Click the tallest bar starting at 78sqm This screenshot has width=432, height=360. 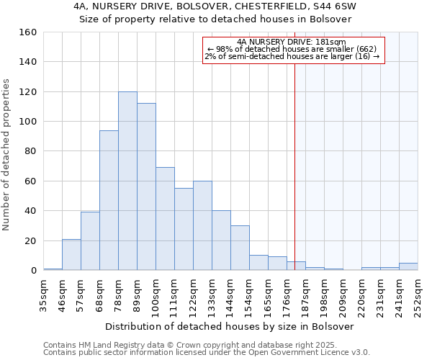click(x=127, y=181)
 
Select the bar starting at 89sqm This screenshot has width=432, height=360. click(x=146, y=186)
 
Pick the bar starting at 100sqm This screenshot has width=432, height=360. click(x=165, y=219)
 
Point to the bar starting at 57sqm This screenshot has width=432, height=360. click(x=90, y=241)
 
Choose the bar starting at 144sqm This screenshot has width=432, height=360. click(x=240, y=248)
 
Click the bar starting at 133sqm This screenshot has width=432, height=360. click(x=221, y=240)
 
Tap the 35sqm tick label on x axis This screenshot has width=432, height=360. click(x=44, y=294)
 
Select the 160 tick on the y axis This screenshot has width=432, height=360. click(x=29, y=32)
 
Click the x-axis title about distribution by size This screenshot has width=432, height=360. click(x=230, y=326)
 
